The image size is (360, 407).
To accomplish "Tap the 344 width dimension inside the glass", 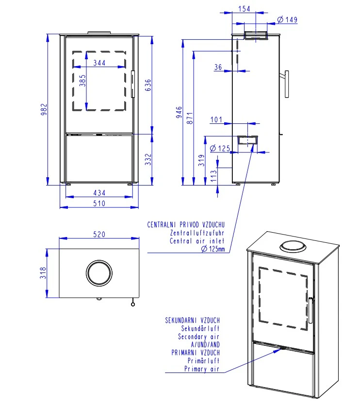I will pos(99,63).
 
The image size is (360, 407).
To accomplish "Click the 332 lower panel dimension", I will pos(148,159).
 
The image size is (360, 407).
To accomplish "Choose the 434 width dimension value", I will pos(99,193).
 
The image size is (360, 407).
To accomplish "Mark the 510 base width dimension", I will pos(99,203).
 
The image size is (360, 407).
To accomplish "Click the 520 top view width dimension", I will pos(99,235).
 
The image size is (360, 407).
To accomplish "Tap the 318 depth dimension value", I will pos(43,273).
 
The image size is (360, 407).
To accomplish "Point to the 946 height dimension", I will pos(179,113).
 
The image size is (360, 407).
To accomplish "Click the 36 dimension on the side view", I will pos(218,68).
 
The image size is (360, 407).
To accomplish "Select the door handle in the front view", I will pos(132,85).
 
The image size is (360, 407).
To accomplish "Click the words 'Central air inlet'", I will pos(197,241).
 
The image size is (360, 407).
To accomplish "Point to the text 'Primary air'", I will pos(202,369).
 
